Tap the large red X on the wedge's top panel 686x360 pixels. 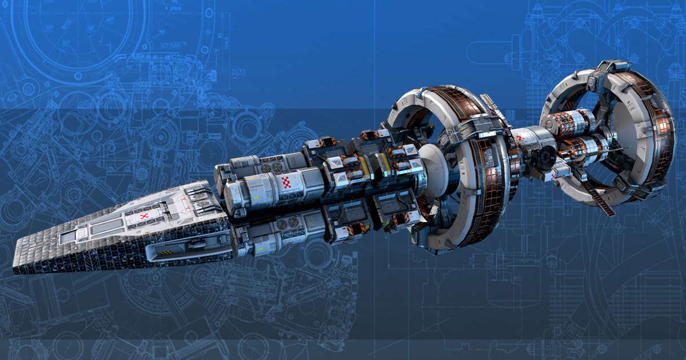144,217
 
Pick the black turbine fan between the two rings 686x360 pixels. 543,155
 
